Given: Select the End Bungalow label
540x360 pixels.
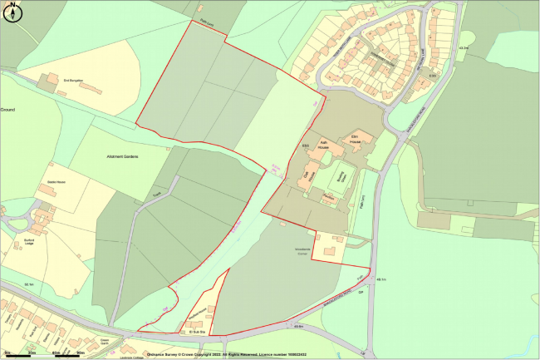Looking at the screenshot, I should click(74, 81).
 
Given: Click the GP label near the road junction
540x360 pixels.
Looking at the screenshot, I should click(361, 292).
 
